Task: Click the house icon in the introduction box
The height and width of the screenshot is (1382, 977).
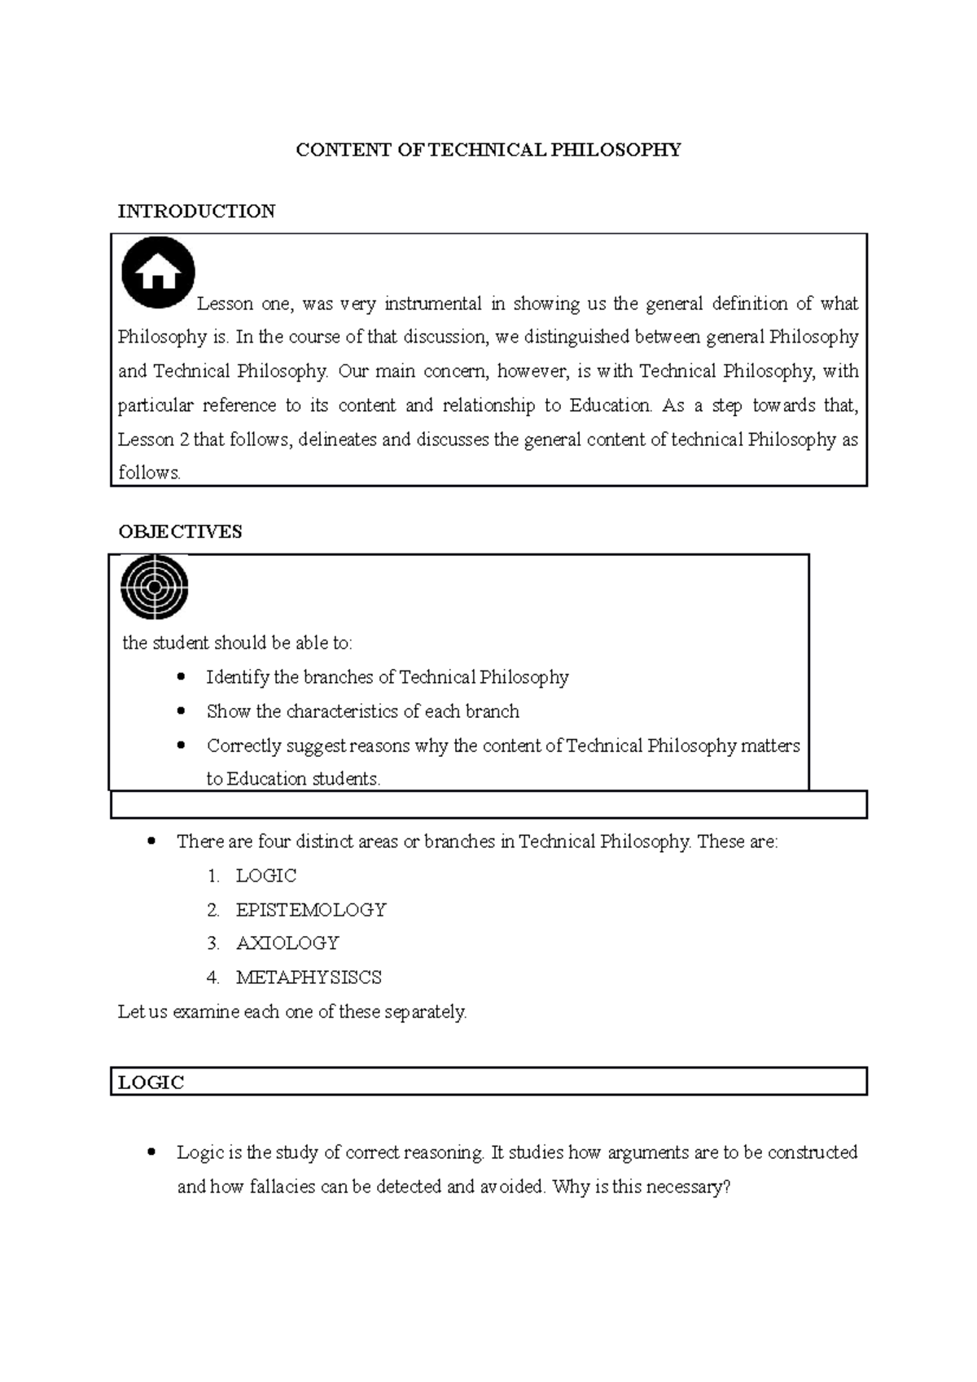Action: pos(158,273)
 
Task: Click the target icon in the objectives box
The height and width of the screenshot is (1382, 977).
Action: pos(155,586)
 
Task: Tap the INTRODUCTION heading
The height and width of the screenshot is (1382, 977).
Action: pos(196,212)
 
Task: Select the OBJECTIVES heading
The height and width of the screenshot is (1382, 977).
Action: pos(180,531)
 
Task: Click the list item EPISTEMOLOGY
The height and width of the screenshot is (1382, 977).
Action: pos(311,909)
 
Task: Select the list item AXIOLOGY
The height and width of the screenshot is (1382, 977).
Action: pos(287,943)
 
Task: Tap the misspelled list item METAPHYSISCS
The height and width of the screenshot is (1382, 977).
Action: pos(309,977)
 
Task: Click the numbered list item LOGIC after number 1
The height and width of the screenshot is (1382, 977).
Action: pos(265,876)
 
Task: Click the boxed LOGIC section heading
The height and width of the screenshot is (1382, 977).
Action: pos(151,1082)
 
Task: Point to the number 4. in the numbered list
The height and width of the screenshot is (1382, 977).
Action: pos(213,977)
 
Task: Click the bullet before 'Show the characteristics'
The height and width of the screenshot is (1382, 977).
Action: pos(181,711)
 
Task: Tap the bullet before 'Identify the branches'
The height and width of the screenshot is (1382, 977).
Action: pos(181,676)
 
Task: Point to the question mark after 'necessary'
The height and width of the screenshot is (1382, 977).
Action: pos(726,1187)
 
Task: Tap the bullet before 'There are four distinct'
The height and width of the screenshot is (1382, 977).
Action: pos(151,842)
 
